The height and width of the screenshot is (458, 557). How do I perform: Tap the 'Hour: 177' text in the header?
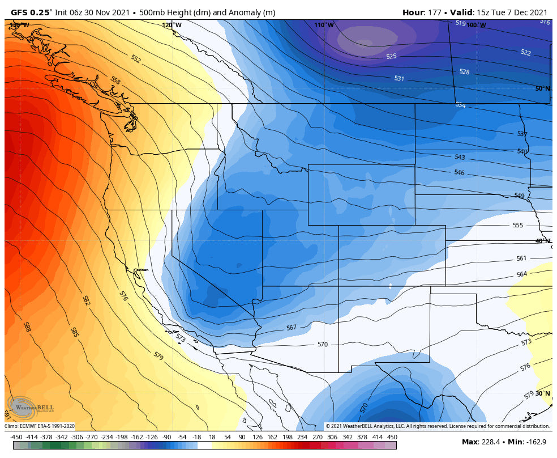point(422,12)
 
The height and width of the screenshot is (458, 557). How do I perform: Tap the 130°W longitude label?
point(20,25)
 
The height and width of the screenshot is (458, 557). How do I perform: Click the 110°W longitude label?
point(324,25)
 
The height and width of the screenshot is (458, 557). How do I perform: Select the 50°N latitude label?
point(542,88)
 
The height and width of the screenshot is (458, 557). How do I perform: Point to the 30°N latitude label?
point(542,393)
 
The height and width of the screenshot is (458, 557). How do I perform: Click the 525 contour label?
point(391,57)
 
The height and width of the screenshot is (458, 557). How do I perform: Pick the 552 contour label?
point(135,59)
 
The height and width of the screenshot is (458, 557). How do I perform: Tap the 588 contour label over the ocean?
point(27,326)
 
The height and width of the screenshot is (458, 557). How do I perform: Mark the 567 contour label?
point(291,328)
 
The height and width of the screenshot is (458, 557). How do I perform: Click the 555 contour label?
point(517,225)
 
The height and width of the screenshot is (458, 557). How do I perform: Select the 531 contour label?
point(399,78)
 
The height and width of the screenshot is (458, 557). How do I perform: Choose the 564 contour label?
point(521,274)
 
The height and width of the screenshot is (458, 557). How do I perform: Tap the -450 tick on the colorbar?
point(16,436)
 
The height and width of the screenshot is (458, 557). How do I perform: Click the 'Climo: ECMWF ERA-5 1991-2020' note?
point(40,426)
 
